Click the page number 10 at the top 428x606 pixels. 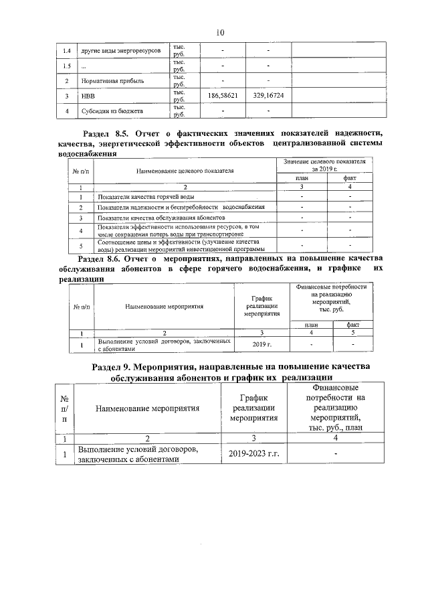click(x=221, y=32)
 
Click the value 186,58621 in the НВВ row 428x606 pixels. click(x=223, y=96)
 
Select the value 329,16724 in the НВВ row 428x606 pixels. click(x=268, y=96)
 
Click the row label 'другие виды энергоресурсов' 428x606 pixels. click(x=120, y=51)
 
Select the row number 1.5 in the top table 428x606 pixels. click(x=66, y=66)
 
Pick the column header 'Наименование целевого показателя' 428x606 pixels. click(x=185, y=171)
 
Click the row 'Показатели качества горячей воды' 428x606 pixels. click(x=146, y=197)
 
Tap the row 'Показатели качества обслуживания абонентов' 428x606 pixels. click(x=160, y=218)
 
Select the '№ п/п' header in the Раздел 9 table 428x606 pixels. click(x=64, y=407)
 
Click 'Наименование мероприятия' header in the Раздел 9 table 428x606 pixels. click(x=148, y=407)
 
